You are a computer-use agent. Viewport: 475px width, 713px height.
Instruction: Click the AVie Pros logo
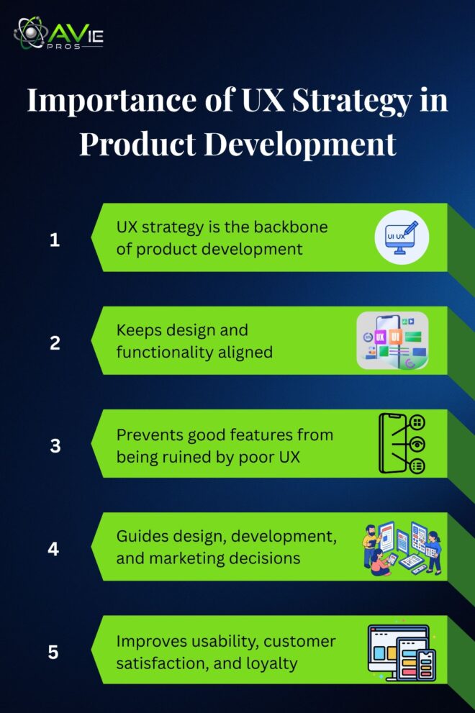coord(58,34)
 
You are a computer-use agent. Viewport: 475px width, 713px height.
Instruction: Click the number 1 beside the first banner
coord(55,240)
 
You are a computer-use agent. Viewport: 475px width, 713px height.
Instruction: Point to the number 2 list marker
coord(55,343)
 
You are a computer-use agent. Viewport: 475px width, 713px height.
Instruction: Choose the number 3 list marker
coord(55,446)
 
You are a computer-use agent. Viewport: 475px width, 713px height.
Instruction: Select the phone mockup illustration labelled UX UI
coord(393,340)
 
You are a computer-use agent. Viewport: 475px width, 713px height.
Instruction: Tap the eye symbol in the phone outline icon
coord(417,443)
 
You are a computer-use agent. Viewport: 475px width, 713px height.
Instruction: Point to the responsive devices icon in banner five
coord(402,653)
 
